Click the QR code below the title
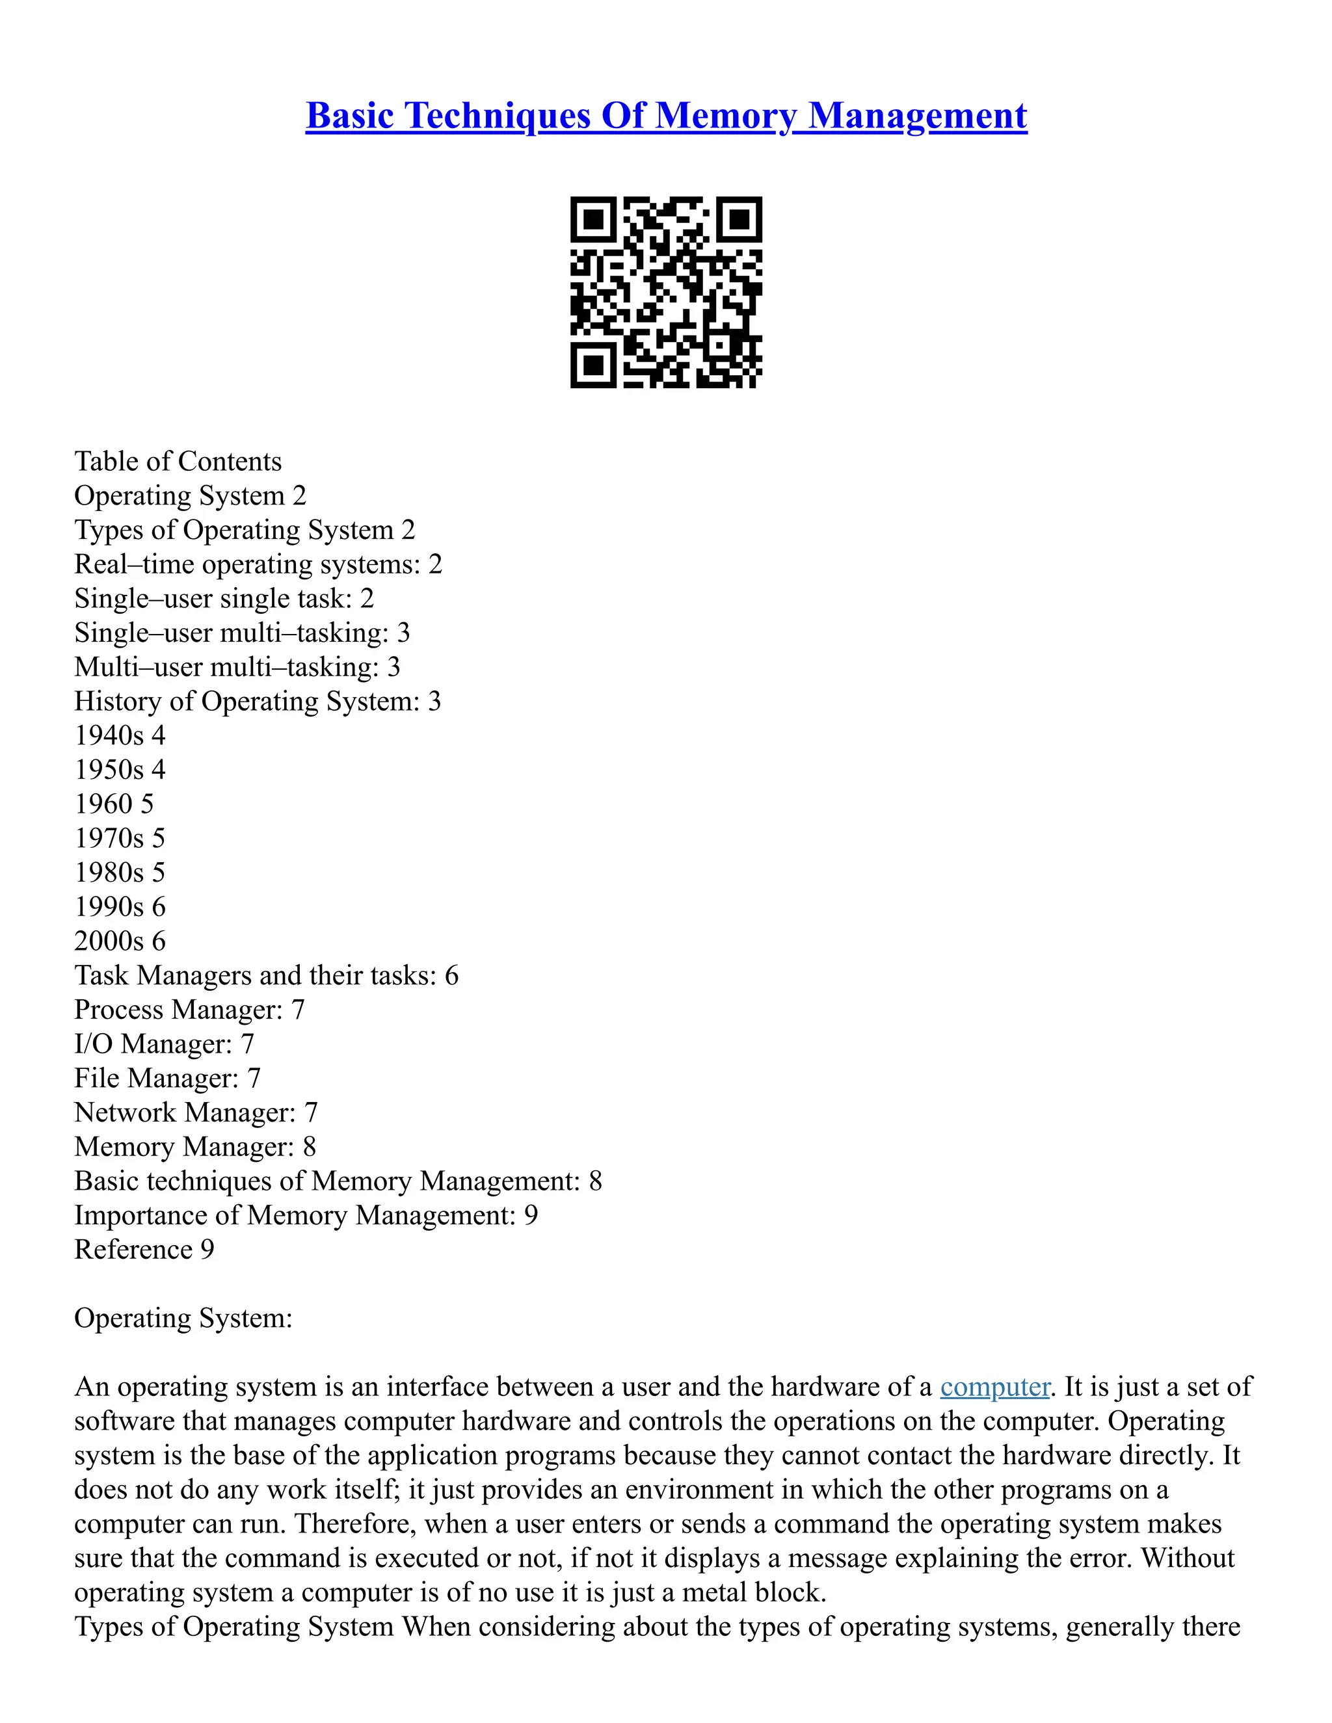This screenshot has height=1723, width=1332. coord(666,292)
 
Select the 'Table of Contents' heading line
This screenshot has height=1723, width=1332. coord(178,461)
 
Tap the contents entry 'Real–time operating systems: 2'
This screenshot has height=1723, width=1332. coord(258,564)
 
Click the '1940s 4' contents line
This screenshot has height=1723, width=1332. coord(120,735)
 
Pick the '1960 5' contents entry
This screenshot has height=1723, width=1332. coord(114,804)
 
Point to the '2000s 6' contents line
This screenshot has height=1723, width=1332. coord(120,941)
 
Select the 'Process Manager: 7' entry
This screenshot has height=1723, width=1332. coord(189,1010)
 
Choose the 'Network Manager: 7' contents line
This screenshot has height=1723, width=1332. coord(196,1112)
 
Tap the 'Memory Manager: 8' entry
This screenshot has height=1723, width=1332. coord(195,1146)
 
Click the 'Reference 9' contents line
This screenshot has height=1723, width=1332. coord(144,1250)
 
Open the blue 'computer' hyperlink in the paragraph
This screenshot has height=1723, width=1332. coord(994,1387)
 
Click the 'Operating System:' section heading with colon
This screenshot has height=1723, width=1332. coord(183,1319)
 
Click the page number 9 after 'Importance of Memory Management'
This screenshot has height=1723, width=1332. coord(531,1215)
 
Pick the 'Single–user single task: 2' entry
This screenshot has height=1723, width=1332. coord(224,598)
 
